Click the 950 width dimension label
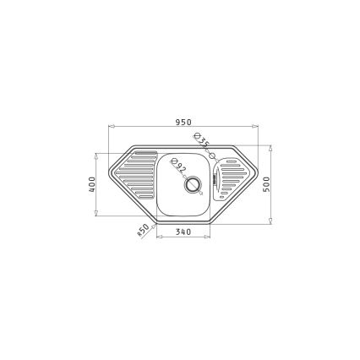coord(182,122)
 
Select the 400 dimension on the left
coord(92,183)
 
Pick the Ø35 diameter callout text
coord(200,142)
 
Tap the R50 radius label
coord(143,230)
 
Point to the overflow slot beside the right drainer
coord(216,177)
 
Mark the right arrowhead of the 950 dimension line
coord(255,128)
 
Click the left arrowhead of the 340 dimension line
coord(158,237)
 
